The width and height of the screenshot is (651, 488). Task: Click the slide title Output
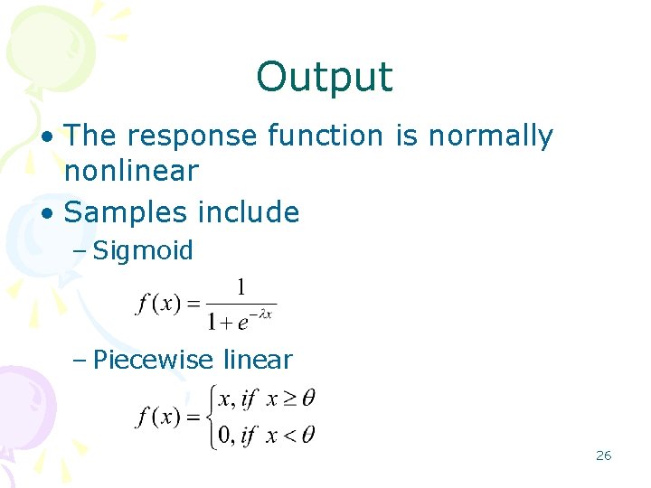point(325,78)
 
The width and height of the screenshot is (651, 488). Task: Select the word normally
point(490,136)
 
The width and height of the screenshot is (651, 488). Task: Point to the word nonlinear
point(131,171)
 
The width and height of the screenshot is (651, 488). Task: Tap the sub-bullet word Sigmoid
point(143,251)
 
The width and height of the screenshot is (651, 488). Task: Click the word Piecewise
point(151,361)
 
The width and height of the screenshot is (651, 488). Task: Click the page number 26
point(603,455)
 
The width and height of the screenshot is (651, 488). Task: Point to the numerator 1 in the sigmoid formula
point(241,287)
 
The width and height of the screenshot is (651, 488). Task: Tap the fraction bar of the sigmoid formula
point(240,304)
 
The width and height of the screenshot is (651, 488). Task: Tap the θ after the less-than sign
point(307,436)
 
